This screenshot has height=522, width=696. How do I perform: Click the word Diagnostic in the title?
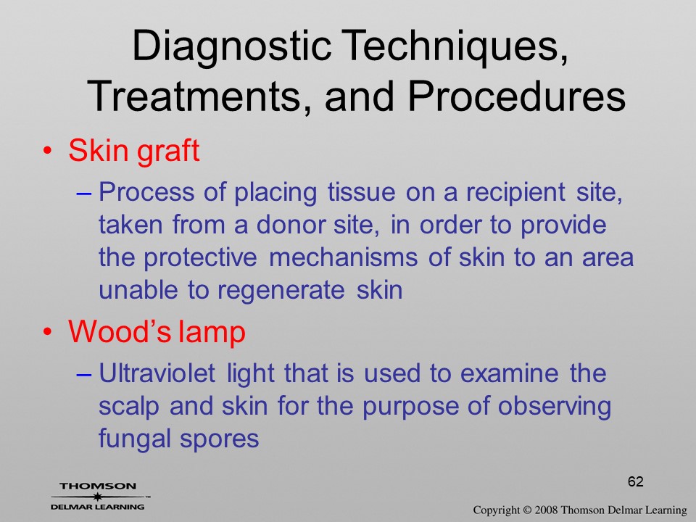tap(232, 47)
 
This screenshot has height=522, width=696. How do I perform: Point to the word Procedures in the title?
tap(516, 96)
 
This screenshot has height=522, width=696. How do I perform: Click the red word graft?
tap(168, 152)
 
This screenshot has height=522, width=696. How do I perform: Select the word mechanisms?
tap(343, 257)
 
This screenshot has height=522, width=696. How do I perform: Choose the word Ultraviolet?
tap(157, 373)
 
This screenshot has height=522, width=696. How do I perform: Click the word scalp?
tap(129, 407)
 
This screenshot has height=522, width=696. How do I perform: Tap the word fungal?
tap(135, 439)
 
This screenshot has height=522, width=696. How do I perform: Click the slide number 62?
tap(636, 481)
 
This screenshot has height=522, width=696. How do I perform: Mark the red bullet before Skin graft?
tap(47, 152)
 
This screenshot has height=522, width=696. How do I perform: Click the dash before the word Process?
tap(84, 194)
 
